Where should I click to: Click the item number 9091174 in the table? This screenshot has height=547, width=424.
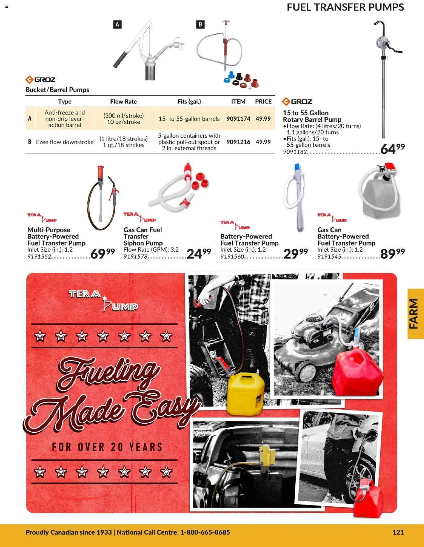point(238,119)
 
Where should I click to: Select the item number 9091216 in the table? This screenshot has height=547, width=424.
point(238,142)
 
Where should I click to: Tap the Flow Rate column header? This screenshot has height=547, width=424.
point(123,101)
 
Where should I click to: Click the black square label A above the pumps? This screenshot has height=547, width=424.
point(117,25)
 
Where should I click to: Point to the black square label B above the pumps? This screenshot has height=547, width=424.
point(200,25)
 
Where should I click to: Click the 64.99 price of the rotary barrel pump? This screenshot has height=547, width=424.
point(392,149)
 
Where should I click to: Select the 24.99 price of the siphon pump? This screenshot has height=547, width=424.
point(199,253)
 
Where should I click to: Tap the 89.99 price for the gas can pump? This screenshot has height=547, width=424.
point(392,253)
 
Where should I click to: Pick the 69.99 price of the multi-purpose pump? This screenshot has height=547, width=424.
point(102,253)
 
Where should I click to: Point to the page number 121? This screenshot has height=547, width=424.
point(398,532)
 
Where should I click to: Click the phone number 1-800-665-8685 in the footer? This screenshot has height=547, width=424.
point(205,532)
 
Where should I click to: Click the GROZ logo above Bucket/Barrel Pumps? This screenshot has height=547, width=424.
point(40,80)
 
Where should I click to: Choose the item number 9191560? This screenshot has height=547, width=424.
point(232,257)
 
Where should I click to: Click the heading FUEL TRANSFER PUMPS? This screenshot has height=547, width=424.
point(345,7)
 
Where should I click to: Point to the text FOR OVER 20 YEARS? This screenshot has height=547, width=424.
point(107,447)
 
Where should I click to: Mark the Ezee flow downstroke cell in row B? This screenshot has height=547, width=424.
point(65,142)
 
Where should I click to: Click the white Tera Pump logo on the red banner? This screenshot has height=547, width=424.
point(103,301)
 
